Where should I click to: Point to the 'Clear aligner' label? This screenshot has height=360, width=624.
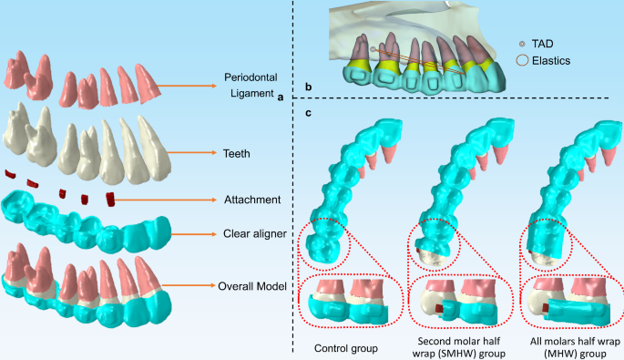(255, 234)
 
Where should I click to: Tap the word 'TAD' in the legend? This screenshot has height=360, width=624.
(543, 44)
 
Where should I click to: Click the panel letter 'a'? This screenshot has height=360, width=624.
(282, 98)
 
